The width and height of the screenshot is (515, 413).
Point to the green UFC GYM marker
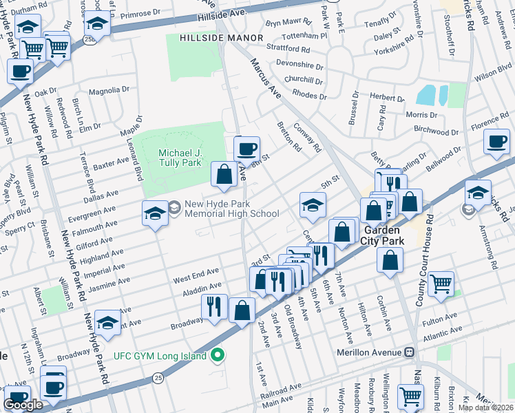coord(218,356)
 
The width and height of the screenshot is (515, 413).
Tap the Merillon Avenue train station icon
coord(410,352)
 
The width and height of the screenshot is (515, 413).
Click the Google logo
coord(23,404)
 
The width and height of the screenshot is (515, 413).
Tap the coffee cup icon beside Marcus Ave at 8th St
coord(246,147)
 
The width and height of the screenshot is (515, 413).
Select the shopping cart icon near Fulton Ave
coord(441,283)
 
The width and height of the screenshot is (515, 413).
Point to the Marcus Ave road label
coord(266,76)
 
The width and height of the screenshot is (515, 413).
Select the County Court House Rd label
coord(423,262)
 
